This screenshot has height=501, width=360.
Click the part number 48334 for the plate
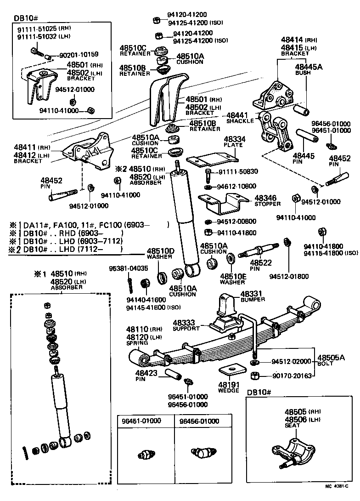point(235,139)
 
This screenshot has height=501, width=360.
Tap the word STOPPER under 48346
point(267,204)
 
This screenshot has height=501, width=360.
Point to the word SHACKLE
point(240,121)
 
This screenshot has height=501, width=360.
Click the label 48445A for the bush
point(309,67)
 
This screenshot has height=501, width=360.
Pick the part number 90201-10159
point(79,54)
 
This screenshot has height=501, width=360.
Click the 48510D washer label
point(160,251)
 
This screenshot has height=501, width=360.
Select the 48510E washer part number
point(233,276)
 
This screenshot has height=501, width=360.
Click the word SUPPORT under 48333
point(186,329)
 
